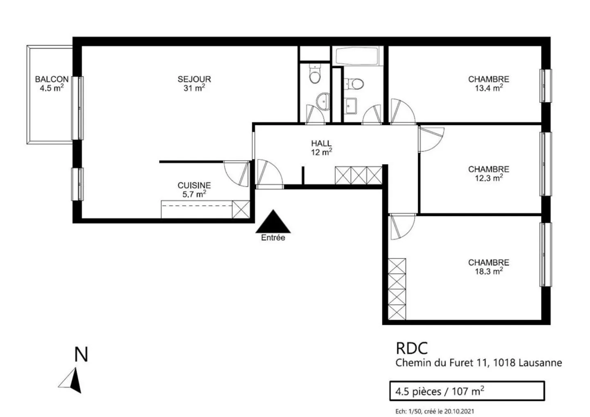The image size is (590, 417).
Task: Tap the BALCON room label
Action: (x=52, y=84)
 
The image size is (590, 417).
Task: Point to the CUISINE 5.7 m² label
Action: (x=194, y=190)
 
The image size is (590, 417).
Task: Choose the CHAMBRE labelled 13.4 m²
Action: (x=488, y=84)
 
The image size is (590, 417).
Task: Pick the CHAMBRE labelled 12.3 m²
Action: (x=488, y=173)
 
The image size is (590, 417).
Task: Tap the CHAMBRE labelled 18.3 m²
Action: (x=488, y=267)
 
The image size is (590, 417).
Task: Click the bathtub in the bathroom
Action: (x=356, y=56)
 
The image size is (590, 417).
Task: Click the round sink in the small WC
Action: (x=323, y=101)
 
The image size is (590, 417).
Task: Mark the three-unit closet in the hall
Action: (x=359, y=175)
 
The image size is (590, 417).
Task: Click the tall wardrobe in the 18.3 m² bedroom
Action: (x=397, y=289)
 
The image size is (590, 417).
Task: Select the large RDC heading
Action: (x=411, y=348)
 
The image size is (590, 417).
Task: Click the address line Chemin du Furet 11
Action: (x=478, y=363)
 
